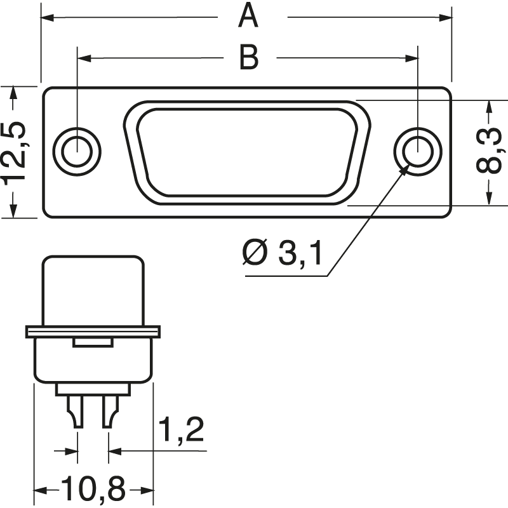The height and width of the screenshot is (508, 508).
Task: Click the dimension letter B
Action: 248,58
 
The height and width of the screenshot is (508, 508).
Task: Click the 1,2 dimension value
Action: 180,431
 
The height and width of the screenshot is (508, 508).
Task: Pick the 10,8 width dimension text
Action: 93,490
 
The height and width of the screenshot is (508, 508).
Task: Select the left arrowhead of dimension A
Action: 48,17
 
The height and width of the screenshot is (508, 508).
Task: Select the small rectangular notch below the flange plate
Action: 93,342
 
